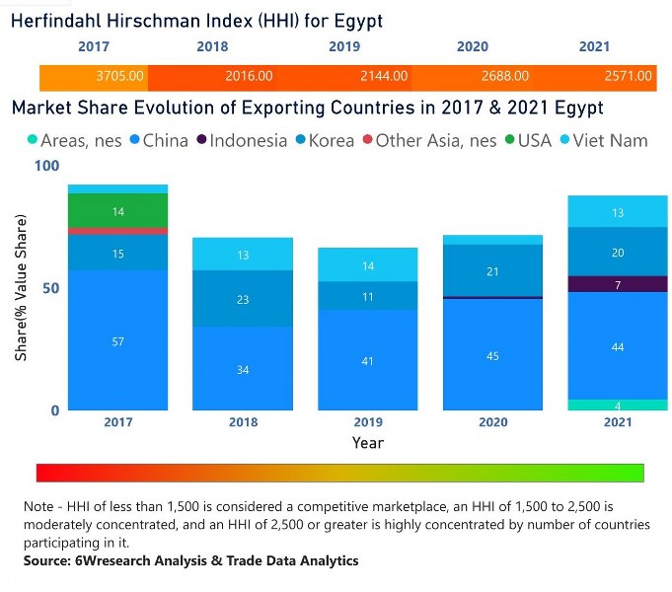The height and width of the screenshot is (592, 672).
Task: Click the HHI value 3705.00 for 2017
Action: tap(121, 76)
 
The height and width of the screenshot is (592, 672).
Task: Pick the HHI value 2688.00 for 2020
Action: tap(504, 76)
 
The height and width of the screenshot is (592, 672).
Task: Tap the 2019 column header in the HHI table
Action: tap(344, 46)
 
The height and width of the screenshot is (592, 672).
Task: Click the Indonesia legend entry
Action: tap(242, 141)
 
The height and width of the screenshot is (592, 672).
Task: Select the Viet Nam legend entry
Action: tap(607, 141)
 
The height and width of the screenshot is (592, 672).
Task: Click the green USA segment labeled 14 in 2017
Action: tap(117, 210)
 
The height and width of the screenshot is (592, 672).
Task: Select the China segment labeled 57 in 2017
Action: tap(117, 340)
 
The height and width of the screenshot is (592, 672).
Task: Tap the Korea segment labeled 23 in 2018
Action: tap(243, 298)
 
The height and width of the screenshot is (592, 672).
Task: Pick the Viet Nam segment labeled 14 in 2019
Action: tap(368, 265)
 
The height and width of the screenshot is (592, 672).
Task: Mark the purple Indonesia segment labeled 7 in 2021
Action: tap(618, 284)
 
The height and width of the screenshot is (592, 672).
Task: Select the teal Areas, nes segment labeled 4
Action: tap(618, 405)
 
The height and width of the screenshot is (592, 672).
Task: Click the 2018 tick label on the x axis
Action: tap(243, 422)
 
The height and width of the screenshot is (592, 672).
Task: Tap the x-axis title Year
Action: tap(368, 443)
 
